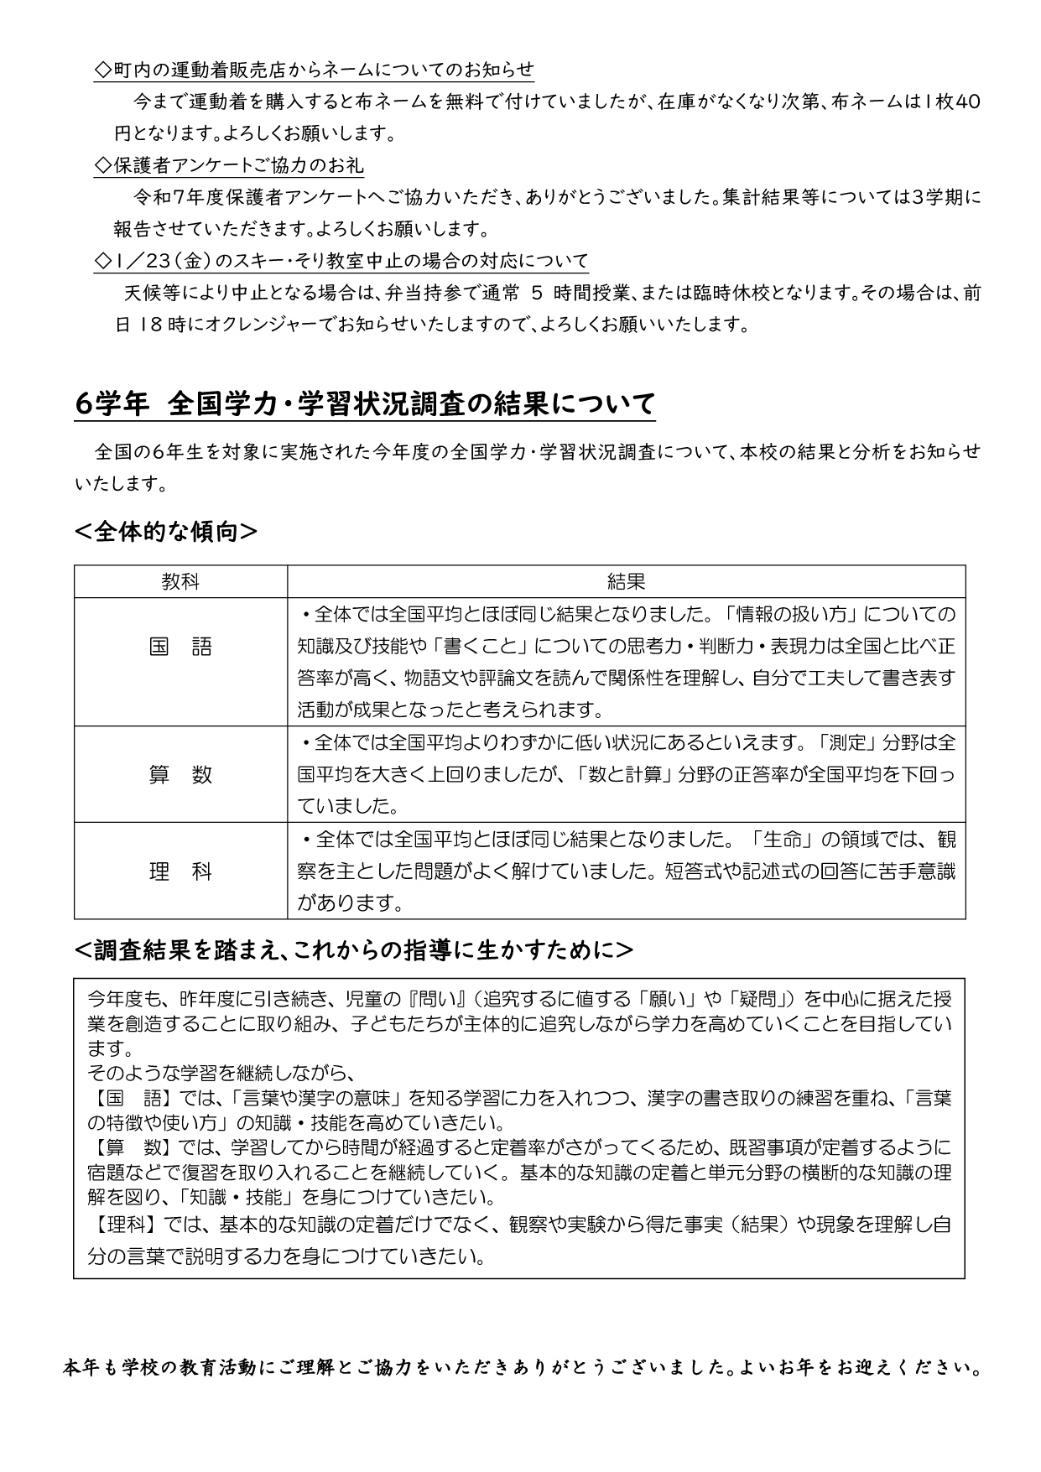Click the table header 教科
[x=180, y=581]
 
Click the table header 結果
[x=626, y=581]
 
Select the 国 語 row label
[x=180, y=647]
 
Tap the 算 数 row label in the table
[x=180, y=775]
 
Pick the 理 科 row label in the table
[x=180, y=872]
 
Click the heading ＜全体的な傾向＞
[x=166, y=532]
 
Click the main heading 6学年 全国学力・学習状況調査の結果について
[x=365, y=404]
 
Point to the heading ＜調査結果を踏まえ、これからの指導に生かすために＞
[x=354, y=949]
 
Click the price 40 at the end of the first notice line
[x=967, y=102]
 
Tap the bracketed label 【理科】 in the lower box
[x=121, y=1225]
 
